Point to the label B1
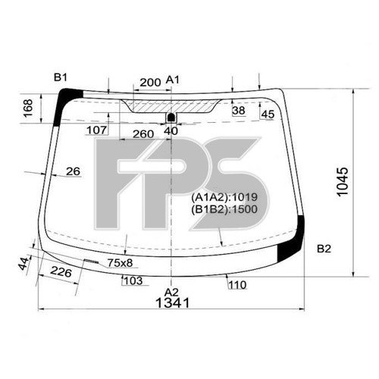coord(61,77)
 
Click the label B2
coord(324,249)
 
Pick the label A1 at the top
coord(173,80)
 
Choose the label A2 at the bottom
coord(172,292)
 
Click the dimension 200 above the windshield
coord(151,81)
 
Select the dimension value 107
coord(96,130)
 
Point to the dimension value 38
coord(239,111)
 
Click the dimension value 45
coord(267,114)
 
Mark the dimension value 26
coord(73,171)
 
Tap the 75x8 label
coord(119,263)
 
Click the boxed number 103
coord(132,280)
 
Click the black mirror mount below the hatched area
coord(171,117)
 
